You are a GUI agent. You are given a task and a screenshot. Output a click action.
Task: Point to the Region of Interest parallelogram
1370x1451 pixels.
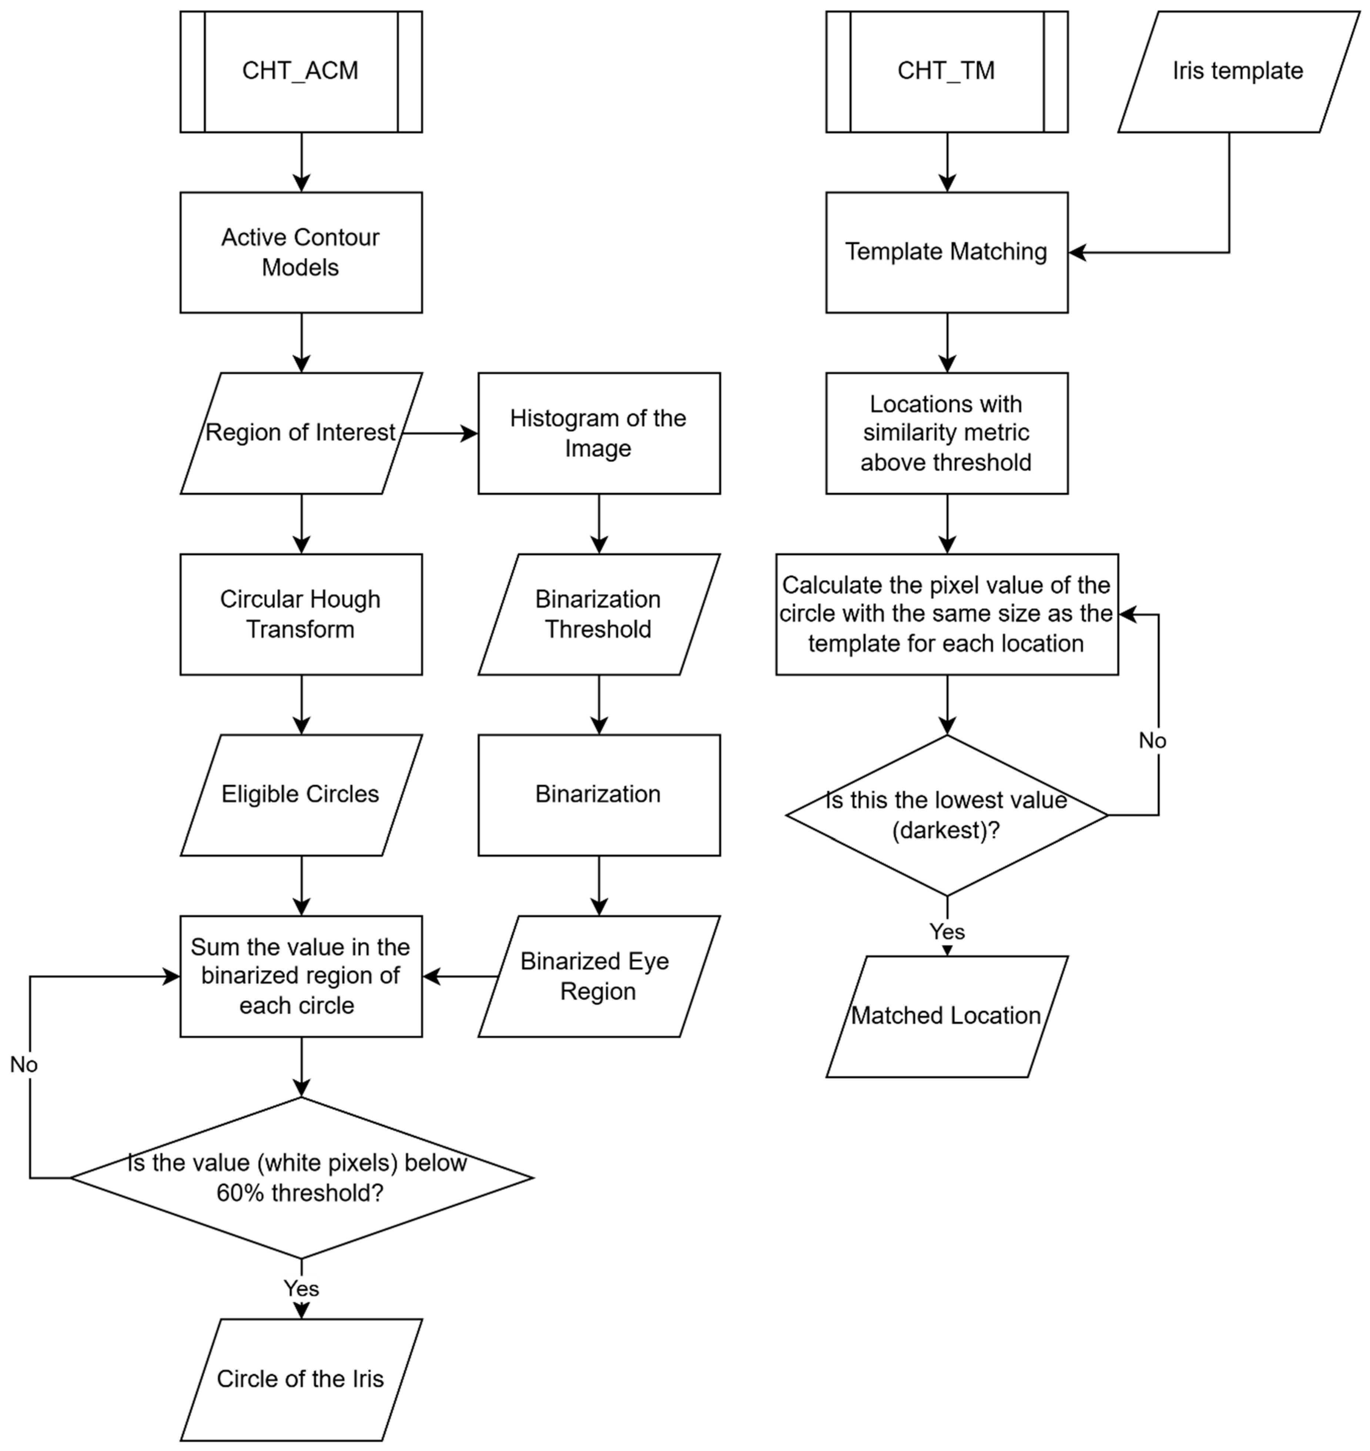click(x=301, y=433)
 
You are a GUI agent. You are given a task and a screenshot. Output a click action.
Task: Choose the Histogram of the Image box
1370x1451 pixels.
click(x=599, y=433)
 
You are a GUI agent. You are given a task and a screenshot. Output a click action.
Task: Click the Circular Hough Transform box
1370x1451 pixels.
click(x=301, y=614)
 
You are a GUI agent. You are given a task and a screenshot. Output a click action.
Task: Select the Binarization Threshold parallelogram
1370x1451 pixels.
click(x=599, y=614)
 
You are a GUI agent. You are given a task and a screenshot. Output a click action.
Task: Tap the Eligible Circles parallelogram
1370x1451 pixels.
click(x=301, y=794)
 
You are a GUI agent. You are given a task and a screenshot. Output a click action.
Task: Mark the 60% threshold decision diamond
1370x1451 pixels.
click(x=301, y=1177)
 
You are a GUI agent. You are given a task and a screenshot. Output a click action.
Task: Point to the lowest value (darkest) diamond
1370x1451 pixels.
click(x=947, y=815)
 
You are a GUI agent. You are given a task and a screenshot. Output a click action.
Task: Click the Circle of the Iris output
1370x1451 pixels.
click(x=301, y=1379)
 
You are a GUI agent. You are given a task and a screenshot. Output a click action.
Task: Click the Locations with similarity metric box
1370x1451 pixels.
click(x=947, y=433)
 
